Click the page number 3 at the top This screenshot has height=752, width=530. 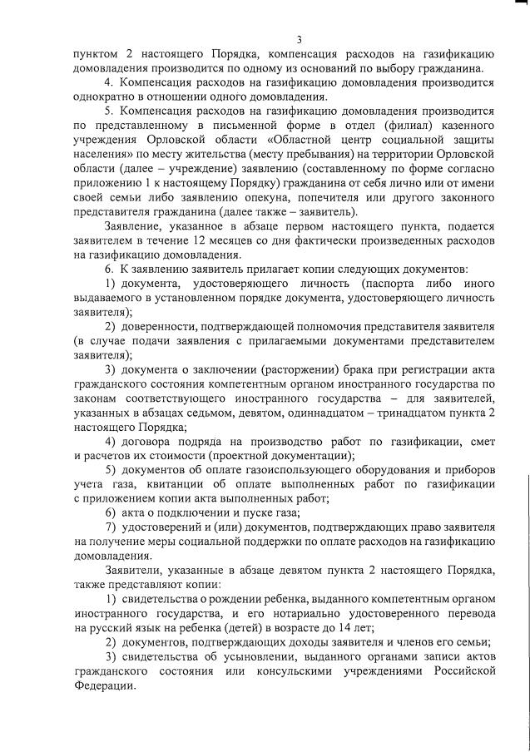[x=299, y=38]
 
